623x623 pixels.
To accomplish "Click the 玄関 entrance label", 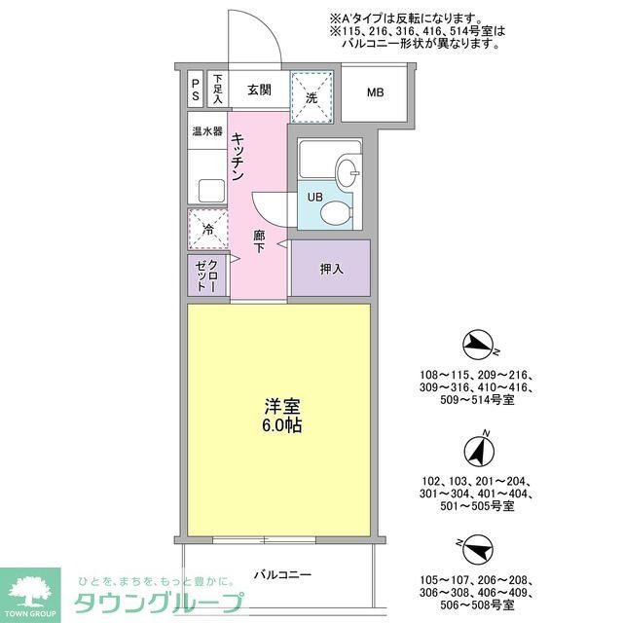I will click(x=258, y=92).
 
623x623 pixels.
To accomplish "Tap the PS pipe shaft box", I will click(x=196, y=91).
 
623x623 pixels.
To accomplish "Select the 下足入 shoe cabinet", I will click(x=218, y=91).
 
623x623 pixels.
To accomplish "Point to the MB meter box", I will click(x=375, y=93).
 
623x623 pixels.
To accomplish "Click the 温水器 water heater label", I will click(x=207, y=130).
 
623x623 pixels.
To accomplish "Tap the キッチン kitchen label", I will click(x=238, y=160).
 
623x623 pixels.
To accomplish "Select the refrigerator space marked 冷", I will click(x=207, y=230).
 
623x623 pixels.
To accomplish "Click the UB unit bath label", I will click(x=314, y=197).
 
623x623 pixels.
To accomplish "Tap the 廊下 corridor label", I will click(x=259, y=240).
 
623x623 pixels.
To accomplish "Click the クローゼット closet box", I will click(x=207, y=275).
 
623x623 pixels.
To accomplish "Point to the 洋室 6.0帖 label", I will click(x=278, y=419).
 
